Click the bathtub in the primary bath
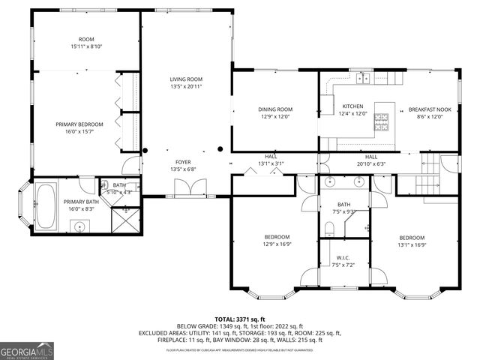[x=46, y=206]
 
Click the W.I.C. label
[x=346, y=258]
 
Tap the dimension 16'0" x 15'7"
[x=79, y=131]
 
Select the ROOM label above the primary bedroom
[x=86, y=39]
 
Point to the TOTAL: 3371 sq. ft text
[x=240, y=319]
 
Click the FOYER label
[x=183, y=161]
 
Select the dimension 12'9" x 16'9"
[x=276, y=244]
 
